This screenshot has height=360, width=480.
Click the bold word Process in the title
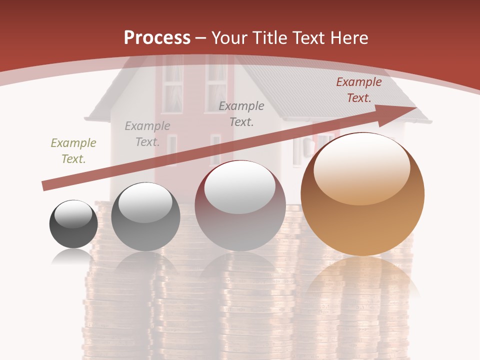(157, 37)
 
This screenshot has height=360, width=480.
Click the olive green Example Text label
(73, 151)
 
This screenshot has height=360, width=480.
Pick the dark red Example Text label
(359, 90)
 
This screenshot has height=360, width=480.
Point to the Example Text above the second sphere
(147, 134)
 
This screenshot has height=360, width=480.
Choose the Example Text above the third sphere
(241, 114)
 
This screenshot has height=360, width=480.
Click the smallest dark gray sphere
(73, 225)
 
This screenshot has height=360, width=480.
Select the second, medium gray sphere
(145, 217)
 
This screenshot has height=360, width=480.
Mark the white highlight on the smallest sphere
(73, 213)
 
